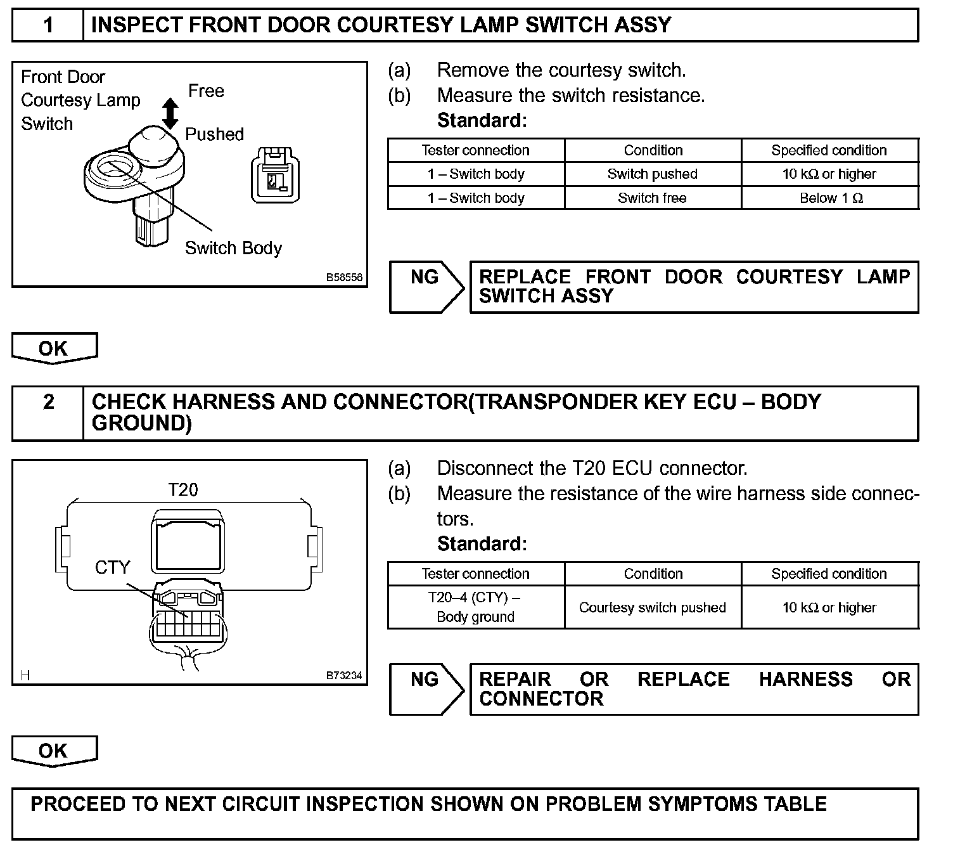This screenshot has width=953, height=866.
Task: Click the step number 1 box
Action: click(x=48, y=25)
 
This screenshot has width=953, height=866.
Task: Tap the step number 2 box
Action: click(x=48, y=413)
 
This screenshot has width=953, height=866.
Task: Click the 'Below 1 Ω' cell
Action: click(x=830, y=198)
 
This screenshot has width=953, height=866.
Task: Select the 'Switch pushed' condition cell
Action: click(x=653, y=174)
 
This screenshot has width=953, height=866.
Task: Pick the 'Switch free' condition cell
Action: click(x=653, y=198)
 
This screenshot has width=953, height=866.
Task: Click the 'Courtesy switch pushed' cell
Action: click(x=653, y=607)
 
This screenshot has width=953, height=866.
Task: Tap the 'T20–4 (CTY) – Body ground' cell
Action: click(x=476, y=607)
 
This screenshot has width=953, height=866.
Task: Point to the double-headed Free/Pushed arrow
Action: click(x=170, y=113)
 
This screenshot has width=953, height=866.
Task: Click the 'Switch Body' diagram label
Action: click(x=233, y=248)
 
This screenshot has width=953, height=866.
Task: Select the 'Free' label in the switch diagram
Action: click(x=206, y=91)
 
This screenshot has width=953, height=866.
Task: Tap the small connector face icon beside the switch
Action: click(x=275, y=175)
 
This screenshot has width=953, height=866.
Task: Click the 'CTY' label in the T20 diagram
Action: click(x=112, y=567)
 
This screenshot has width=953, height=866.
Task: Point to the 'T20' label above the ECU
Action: click(x=183, y=490)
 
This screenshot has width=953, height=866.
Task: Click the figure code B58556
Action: click(x=344, y=278)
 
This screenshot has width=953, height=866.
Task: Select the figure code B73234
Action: click(x=344, y=676)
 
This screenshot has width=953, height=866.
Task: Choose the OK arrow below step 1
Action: click(x=54, y=348)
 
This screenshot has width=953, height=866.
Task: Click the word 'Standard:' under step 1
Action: click(x=482, y=120)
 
